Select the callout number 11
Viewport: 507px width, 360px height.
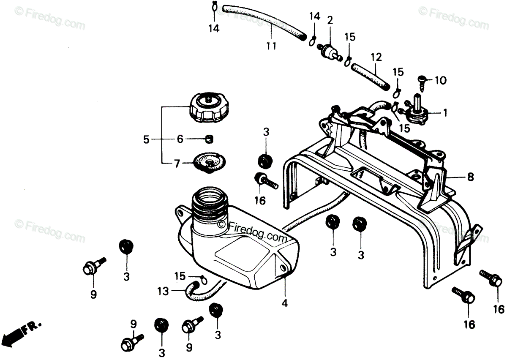tap(271, 46)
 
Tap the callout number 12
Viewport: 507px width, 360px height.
tap(376, 57)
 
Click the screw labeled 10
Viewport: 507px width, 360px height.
tap(421, 84)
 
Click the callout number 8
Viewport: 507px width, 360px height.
tap(470, 177)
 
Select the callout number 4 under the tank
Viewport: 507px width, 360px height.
tap(285, 303)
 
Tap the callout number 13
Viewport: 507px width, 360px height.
tap(163, 291)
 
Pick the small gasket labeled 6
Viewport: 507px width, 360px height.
tap(209, 139)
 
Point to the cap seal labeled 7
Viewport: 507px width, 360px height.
tap(209, 164)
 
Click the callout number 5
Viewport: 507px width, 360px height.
tap(146, 139)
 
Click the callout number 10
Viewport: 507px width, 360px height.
tap(440, 80)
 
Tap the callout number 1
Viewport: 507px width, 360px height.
tap(445, 113)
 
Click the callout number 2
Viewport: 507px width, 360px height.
tap(330, 21)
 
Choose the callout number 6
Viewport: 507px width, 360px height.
tap(180, 139)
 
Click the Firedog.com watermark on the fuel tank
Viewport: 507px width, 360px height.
tap(252, 232)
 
